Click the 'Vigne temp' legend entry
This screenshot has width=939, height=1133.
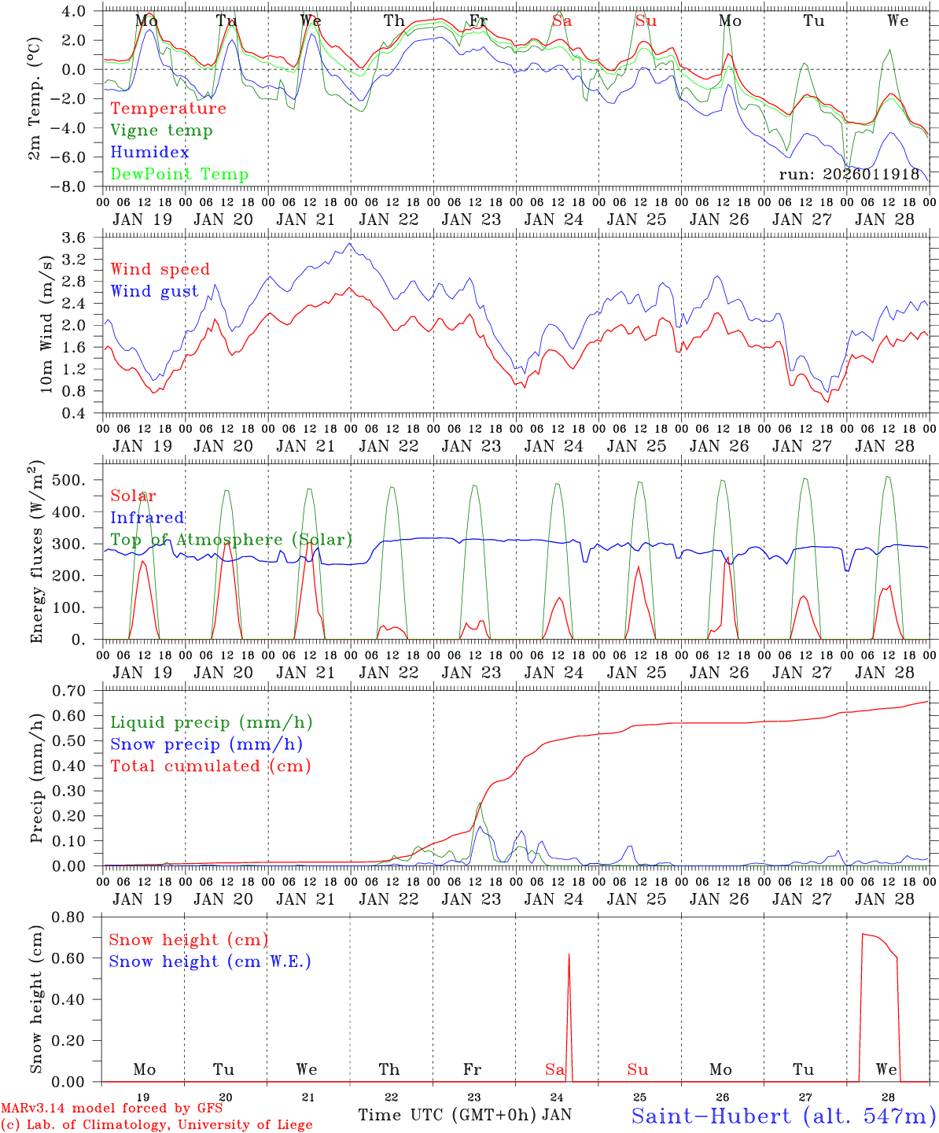[x=161, y=131]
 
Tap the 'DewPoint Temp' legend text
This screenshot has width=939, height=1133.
[x=179, y=175]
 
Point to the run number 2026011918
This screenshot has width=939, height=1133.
[x=849, y=175]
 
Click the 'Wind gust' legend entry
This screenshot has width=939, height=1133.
[x=154, y=291]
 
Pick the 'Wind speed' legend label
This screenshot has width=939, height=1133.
[x=160, y=269]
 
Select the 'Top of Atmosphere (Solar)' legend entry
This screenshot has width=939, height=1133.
[x=231, y=540]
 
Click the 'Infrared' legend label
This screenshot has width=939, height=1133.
[x=147, y=518]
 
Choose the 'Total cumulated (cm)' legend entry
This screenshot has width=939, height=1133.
[x=211, y=766]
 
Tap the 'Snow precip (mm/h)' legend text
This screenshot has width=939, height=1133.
[x=207, y=744]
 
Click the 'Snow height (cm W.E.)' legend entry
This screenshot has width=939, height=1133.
[x=210, y=961]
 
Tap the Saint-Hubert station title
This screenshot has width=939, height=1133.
[x=783, y=1116]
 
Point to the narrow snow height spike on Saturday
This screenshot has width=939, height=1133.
[x=569, y=1015]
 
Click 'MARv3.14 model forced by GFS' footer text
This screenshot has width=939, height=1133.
[x=112, y=1109]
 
